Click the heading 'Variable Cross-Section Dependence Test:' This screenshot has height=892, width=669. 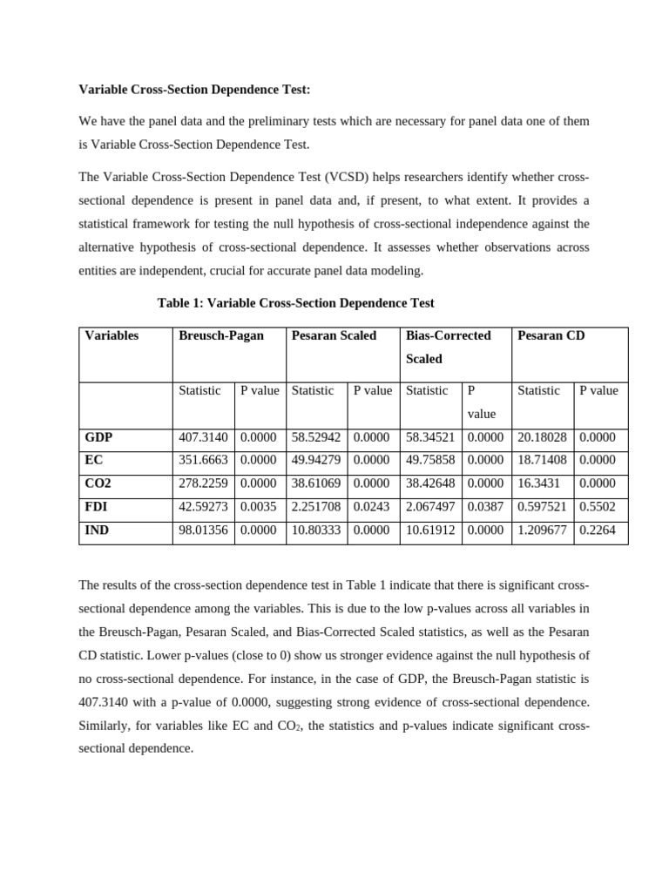point(194,89)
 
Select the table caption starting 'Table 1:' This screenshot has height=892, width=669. point(295,303)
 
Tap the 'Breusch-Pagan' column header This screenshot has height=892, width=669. point(221,335)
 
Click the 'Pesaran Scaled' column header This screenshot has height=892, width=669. point(334,335)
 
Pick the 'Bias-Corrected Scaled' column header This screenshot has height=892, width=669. point(449,346)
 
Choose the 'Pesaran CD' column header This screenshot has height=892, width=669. point(551,335)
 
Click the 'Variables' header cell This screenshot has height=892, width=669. point(112,335)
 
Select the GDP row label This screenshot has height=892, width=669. point(98,437)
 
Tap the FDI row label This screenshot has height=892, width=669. point(97,506)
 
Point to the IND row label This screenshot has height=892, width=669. point(97,530)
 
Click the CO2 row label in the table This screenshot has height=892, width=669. point(98,483)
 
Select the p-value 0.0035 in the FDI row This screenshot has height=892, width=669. point(259,506)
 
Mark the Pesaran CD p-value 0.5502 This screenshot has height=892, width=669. point(598,506)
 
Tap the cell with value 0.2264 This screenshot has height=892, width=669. point(598,530)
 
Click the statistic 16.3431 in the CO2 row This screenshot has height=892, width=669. point(540,483)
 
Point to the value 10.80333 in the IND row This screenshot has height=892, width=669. point(317,530)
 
